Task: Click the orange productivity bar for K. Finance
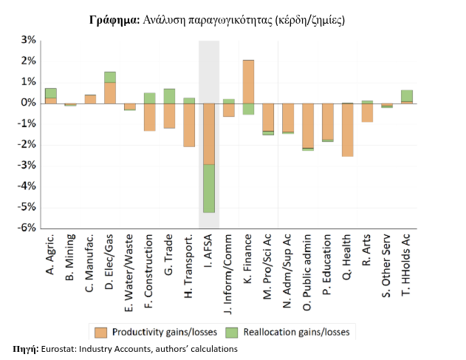[x=248, y=81]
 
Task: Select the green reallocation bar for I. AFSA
[x=209, y=189]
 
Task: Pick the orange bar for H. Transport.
[x=189, y=124]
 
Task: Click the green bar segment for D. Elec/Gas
[x=110, y=77]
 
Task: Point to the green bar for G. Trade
[x=169, y=96]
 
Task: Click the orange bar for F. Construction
[x=149, y=117]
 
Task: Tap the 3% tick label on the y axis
[x=28, y=40]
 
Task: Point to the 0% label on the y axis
[x=28, y=103]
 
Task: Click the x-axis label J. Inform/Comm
[x=229, y=268]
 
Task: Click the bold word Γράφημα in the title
[x=113, y=20]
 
